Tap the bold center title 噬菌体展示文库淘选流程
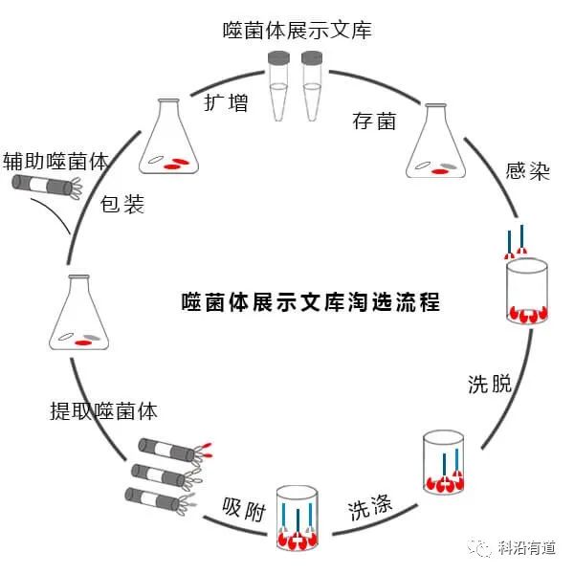tap(311, 302)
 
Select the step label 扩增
tap(227, 101)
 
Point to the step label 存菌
tap(374, 121)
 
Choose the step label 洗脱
tap(490, 384)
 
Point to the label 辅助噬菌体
tap(55, 159)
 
